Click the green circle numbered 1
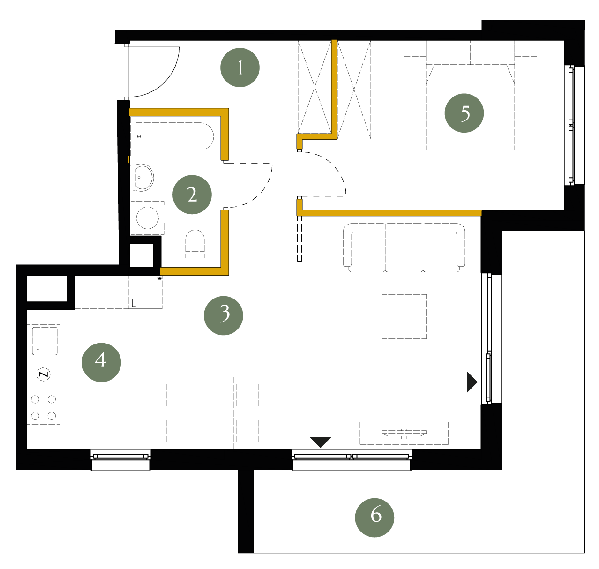240,67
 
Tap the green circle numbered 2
192,195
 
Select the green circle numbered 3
223,315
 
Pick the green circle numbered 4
101,362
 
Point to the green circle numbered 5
464,113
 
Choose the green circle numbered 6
374,517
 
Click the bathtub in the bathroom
174,136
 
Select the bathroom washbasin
142,178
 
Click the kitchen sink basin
45,341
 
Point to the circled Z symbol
44,374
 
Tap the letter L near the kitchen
133,303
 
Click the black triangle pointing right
472,382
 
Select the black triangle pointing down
320,442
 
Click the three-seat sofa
404,247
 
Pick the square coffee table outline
404,316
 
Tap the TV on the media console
404,433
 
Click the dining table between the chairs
213,412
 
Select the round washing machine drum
148,217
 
